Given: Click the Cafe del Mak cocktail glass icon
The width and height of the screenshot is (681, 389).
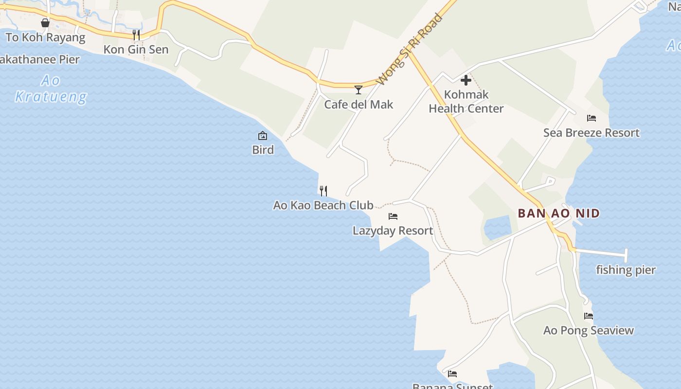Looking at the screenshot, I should (x=358, y=89).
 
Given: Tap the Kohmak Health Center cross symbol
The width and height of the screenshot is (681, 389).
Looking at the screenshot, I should (x=466, y=80).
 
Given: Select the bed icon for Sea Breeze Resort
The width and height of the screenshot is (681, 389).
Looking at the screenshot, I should (x=591, y=118).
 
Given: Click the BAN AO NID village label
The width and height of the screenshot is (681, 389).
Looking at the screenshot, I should (x=559, y=213).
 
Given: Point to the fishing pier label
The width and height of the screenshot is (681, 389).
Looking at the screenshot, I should (x=626, y=270).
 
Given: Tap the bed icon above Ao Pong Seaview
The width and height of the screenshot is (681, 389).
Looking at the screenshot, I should (x=589, y=316).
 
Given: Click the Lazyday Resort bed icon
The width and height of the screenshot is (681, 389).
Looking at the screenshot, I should (x=393, y=216).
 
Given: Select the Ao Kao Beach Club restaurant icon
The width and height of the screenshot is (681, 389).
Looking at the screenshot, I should (x=323, y=191).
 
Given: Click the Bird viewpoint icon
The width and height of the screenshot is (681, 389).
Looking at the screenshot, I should (x=263, y=136).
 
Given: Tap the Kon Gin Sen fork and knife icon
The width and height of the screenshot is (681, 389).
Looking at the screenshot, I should (x=136, y=35).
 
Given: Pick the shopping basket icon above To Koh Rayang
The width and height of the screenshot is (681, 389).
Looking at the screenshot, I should (x=45, y=23).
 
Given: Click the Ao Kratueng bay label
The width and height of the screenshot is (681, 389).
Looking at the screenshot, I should (x=51, y=88).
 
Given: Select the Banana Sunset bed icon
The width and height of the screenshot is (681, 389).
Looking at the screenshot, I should (x=452, y=374).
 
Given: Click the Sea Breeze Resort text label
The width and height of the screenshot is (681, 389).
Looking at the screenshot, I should (x=591, y=133).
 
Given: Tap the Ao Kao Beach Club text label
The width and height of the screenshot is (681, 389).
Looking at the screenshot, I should (x=323, y=205).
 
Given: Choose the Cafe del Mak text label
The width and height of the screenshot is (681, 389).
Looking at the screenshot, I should (x=358, y=105).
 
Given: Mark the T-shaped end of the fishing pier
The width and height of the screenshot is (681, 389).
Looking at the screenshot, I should (x=626, y=255).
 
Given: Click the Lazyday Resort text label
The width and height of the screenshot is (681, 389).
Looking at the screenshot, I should (x=393, y=230).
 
